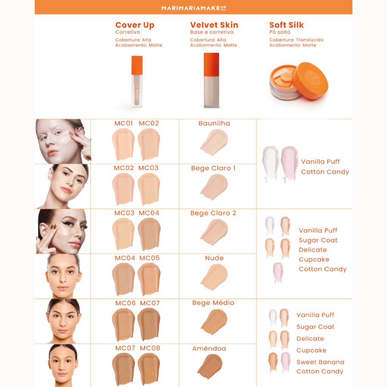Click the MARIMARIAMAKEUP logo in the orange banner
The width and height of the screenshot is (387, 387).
[x=194, y=8]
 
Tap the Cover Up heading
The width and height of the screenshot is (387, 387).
[x=135, y=25]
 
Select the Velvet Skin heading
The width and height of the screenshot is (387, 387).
[x=214, y=25]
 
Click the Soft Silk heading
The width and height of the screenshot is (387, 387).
[x=286, y=25]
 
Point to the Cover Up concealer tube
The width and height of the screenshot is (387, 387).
[x=137, y=82]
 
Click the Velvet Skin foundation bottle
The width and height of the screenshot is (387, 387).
[x=211, y=80]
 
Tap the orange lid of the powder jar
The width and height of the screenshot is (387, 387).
[x=310, y=80]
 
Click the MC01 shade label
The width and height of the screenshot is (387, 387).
[x=124, y=123]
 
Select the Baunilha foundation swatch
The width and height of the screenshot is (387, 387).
[x=214, y=142]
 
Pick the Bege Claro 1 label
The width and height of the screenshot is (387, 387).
[x=214, y=168]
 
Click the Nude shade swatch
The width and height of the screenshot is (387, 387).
[x=214, y=277]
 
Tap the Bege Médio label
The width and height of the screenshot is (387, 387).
[x=213, y=303]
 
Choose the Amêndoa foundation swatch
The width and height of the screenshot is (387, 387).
[x=210, y=366]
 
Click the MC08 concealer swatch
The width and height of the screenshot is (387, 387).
[x=149, y=369]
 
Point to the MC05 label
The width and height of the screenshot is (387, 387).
[x=150, y=258]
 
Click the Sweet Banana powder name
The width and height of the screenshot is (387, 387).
[x=320, y=362]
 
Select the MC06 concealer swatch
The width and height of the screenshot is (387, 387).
[x=124, y=324]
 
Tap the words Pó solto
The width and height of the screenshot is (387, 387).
[x=280, y=32]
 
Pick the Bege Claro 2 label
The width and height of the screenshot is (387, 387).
[x=213, y=213]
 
